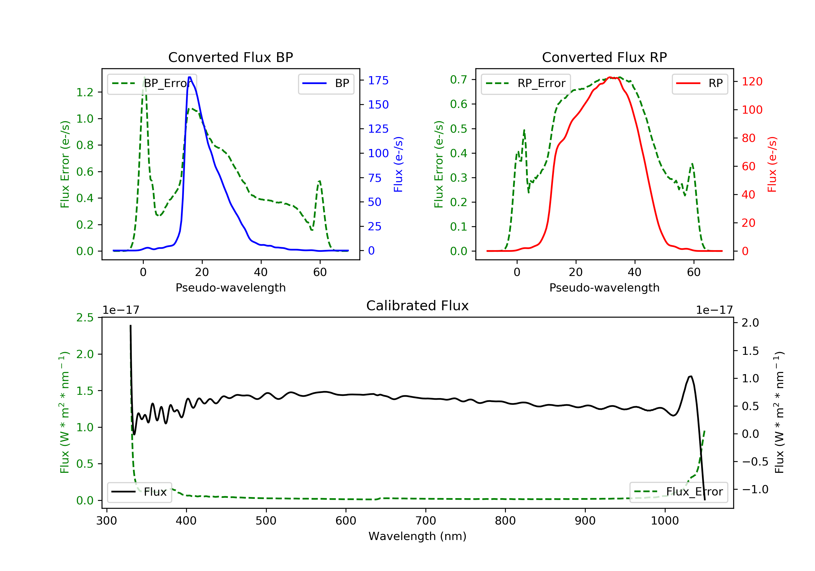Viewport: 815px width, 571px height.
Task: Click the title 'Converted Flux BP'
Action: coord(230,57)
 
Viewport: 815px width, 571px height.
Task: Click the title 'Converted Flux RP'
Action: coord(604,57)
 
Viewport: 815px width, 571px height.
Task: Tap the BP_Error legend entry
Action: coord(152,83)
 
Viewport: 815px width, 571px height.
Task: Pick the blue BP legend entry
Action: coord(326,83)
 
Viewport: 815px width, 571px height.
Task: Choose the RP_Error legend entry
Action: coord(526,83)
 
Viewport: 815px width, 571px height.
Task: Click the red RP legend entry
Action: coord(700,83)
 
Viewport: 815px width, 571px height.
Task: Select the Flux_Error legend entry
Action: coord(678,492)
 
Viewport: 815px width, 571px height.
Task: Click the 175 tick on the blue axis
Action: coord(378,81)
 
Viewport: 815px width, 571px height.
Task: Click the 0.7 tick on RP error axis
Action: coord(459,80)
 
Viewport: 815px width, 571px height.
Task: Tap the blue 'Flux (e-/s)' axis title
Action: coord(398,164)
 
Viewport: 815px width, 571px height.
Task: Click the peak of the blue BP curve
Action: coord(190,77)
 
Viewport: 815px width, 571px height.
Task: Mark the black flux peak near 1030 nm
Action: coord(690,377)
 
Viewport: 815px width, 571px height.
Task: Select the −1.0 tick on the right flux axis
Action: coord(755,490)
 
